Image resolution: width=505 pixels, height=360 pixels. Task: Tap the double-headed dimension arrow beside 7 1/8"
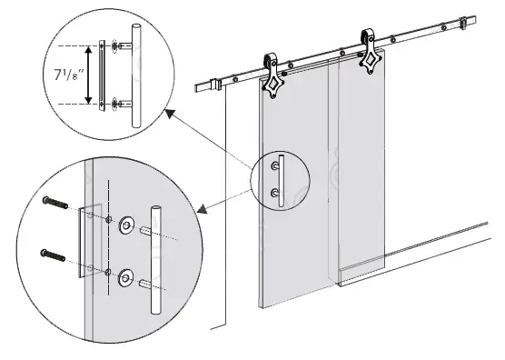[x=88, y=72]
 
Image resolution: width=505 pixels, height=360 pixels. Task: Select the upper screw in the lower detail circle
[x=56, y=205]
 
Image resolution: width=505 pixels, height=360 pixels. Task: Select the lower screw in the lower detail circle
[x=56, y=254]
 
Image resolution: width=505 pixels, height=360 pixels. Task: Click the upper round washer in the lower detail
[x=126, y=222]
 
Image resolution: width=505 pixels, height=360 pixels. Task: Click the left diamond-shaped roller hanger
[x=273, y=81]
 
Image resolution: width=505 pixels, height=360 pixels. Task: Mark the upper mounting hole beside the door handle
[x=275, y=165]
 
